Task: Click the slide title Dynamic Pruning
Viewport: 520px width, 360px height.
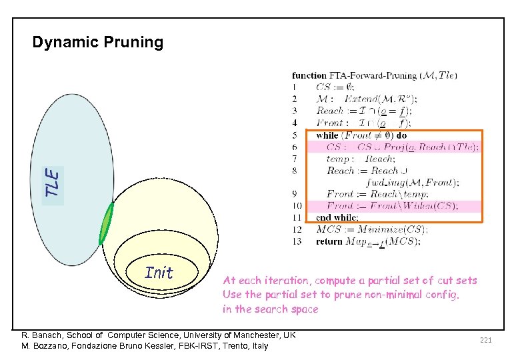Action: tap(98, 43)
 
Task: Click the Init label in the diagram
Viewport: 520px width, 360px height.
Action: tap(159, 273)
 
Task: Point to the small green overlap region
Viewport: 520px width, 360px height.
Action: tap(105, 225)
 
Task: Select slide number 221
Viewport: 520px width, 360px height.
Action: tap(485, 341)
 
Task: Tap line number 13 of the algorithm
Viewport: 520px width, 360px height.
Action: tap(297, 241)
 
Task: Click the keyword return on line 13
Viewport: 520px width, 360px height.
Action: tap(329, 241)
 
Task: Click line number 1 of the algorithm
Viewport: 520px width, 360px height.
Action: tap(295, 87)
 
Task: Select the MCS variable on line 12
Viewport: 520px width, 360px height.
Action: tap(329, 229)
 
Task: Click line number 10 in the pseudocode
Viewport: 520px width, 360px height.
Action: tap(297, 206)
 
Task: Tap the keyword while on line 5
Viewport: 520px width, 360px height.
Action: tap(327, 135)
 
